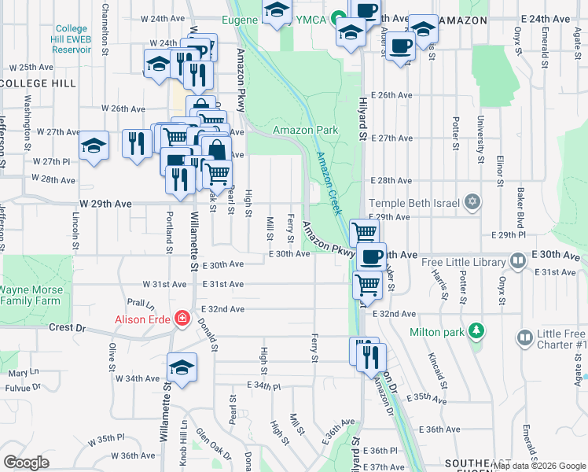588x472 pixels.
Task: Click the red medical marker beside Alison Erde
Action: [182, 319]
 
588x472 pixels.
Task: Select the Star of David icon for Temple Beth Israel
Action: [471, 202]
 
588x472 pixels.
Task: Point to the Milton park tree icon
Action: [474, 331]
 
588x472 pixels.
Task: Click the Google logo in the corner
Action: [26, 463]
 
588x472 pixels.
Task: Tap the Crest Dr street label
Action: [66, 327]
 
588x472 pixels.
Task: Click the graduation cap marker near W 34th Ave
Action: [182, 367]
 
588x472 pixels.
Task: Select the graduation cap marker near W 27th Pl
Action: [94, 146]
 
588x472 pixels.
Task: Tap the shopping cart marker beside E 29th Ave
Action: [364, 232]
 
